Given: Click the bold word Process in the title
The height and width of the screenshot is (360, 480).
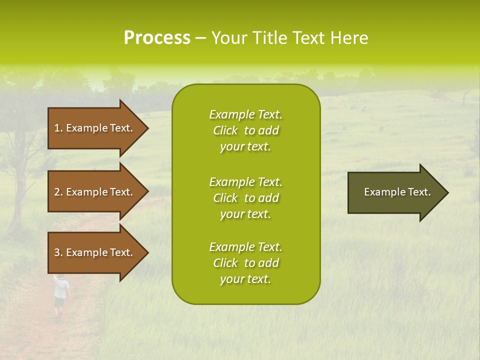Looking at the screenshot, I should pyautogui.click(x=157, y=38).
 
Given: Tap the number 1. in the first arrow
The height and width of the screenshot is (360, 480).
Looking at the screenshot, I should pyautogui.click(x=58, y=128).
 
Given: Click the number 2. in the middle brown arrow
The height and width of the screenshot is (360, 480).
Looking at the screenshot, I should pyautogui.click(x=58, y=192).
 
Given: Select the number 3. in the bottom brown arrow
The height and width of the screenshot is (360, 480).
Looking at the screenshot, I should pyautogui.click(x=58, y=252).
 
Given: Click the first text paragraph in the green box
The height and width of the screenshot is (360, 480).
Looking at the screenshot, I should pyautogui.click(x=245, y=130).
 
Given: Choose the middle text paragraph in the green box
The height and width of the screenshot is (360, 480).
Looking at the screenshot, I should pyautogui.click(x=245, y=198).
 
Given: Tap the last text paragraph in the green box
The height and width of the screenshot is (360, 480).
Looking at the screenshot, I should pyautogui.click(x=245, y=263).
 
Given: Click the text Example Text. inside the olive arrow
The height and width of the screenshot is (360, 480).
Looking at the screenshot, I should pyautogui.click(x=397, y=192).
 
